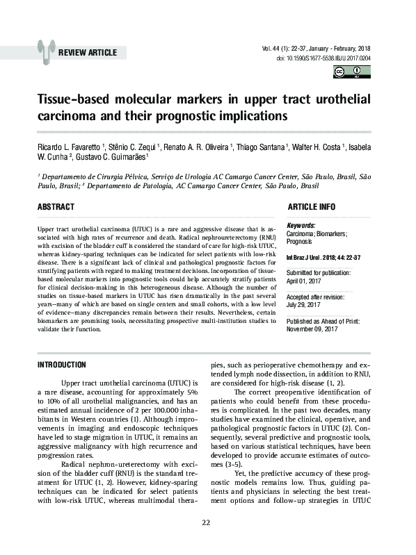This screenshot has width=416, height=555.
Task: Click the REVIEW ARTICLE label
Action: tap(88, 53)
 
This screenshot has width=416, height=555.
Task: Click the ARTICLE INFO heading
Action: tap(311, 207)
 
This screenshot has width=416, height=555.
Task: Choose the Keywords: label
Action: tap(301, 226)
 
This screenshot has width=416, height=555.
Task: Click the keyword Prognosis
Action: tap(301, 242)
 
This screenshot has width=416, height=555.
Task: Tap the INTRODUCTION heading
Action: tap(61, 365)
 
